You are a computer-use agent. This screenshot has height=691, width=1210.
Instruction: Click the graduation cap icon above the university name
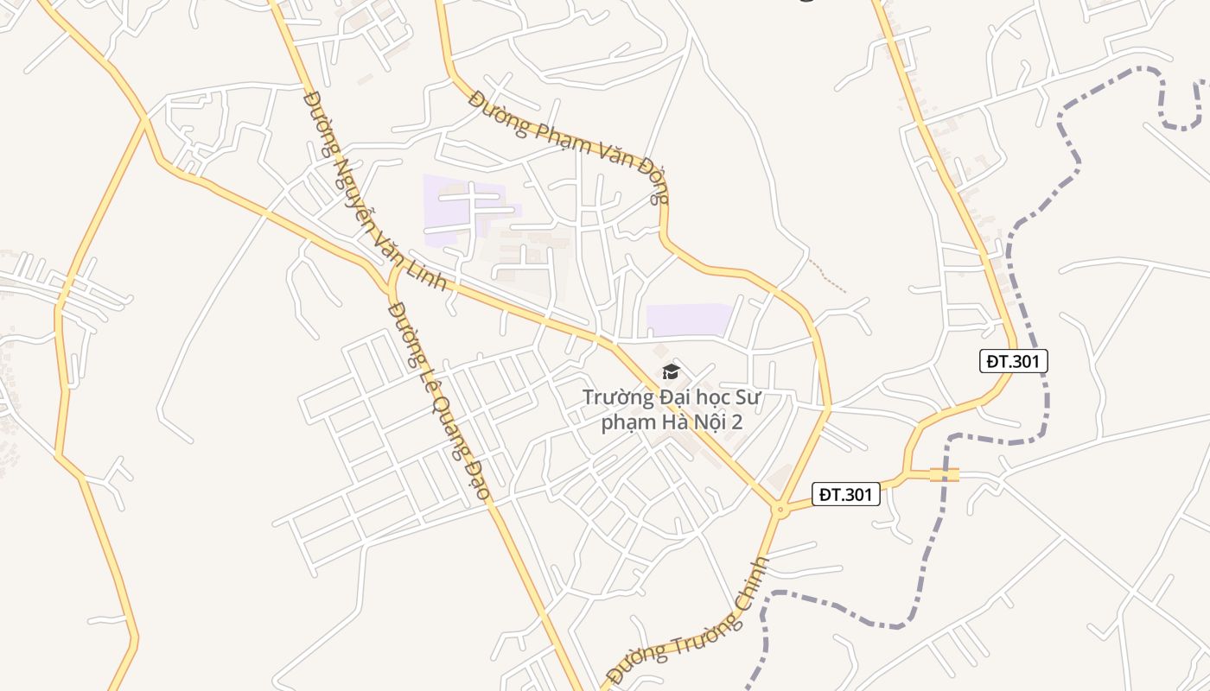coord(671,372)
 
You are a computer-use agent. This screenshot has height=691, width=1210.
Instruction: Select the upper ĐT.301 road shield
coord(1014,361)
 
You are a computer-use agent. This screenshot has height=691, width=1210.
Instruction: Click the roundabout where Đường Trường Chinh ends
coord(780,510)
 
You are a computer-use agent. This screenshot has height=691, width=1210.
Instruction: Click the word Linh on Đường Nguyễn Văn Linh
coord(431,277)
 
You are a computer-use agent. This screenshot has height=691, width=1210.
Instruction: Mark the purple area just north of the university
coord(689,320)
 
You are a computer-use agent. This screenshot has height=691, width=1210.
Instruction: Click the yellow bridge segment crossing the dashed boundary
coord(945,474)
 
